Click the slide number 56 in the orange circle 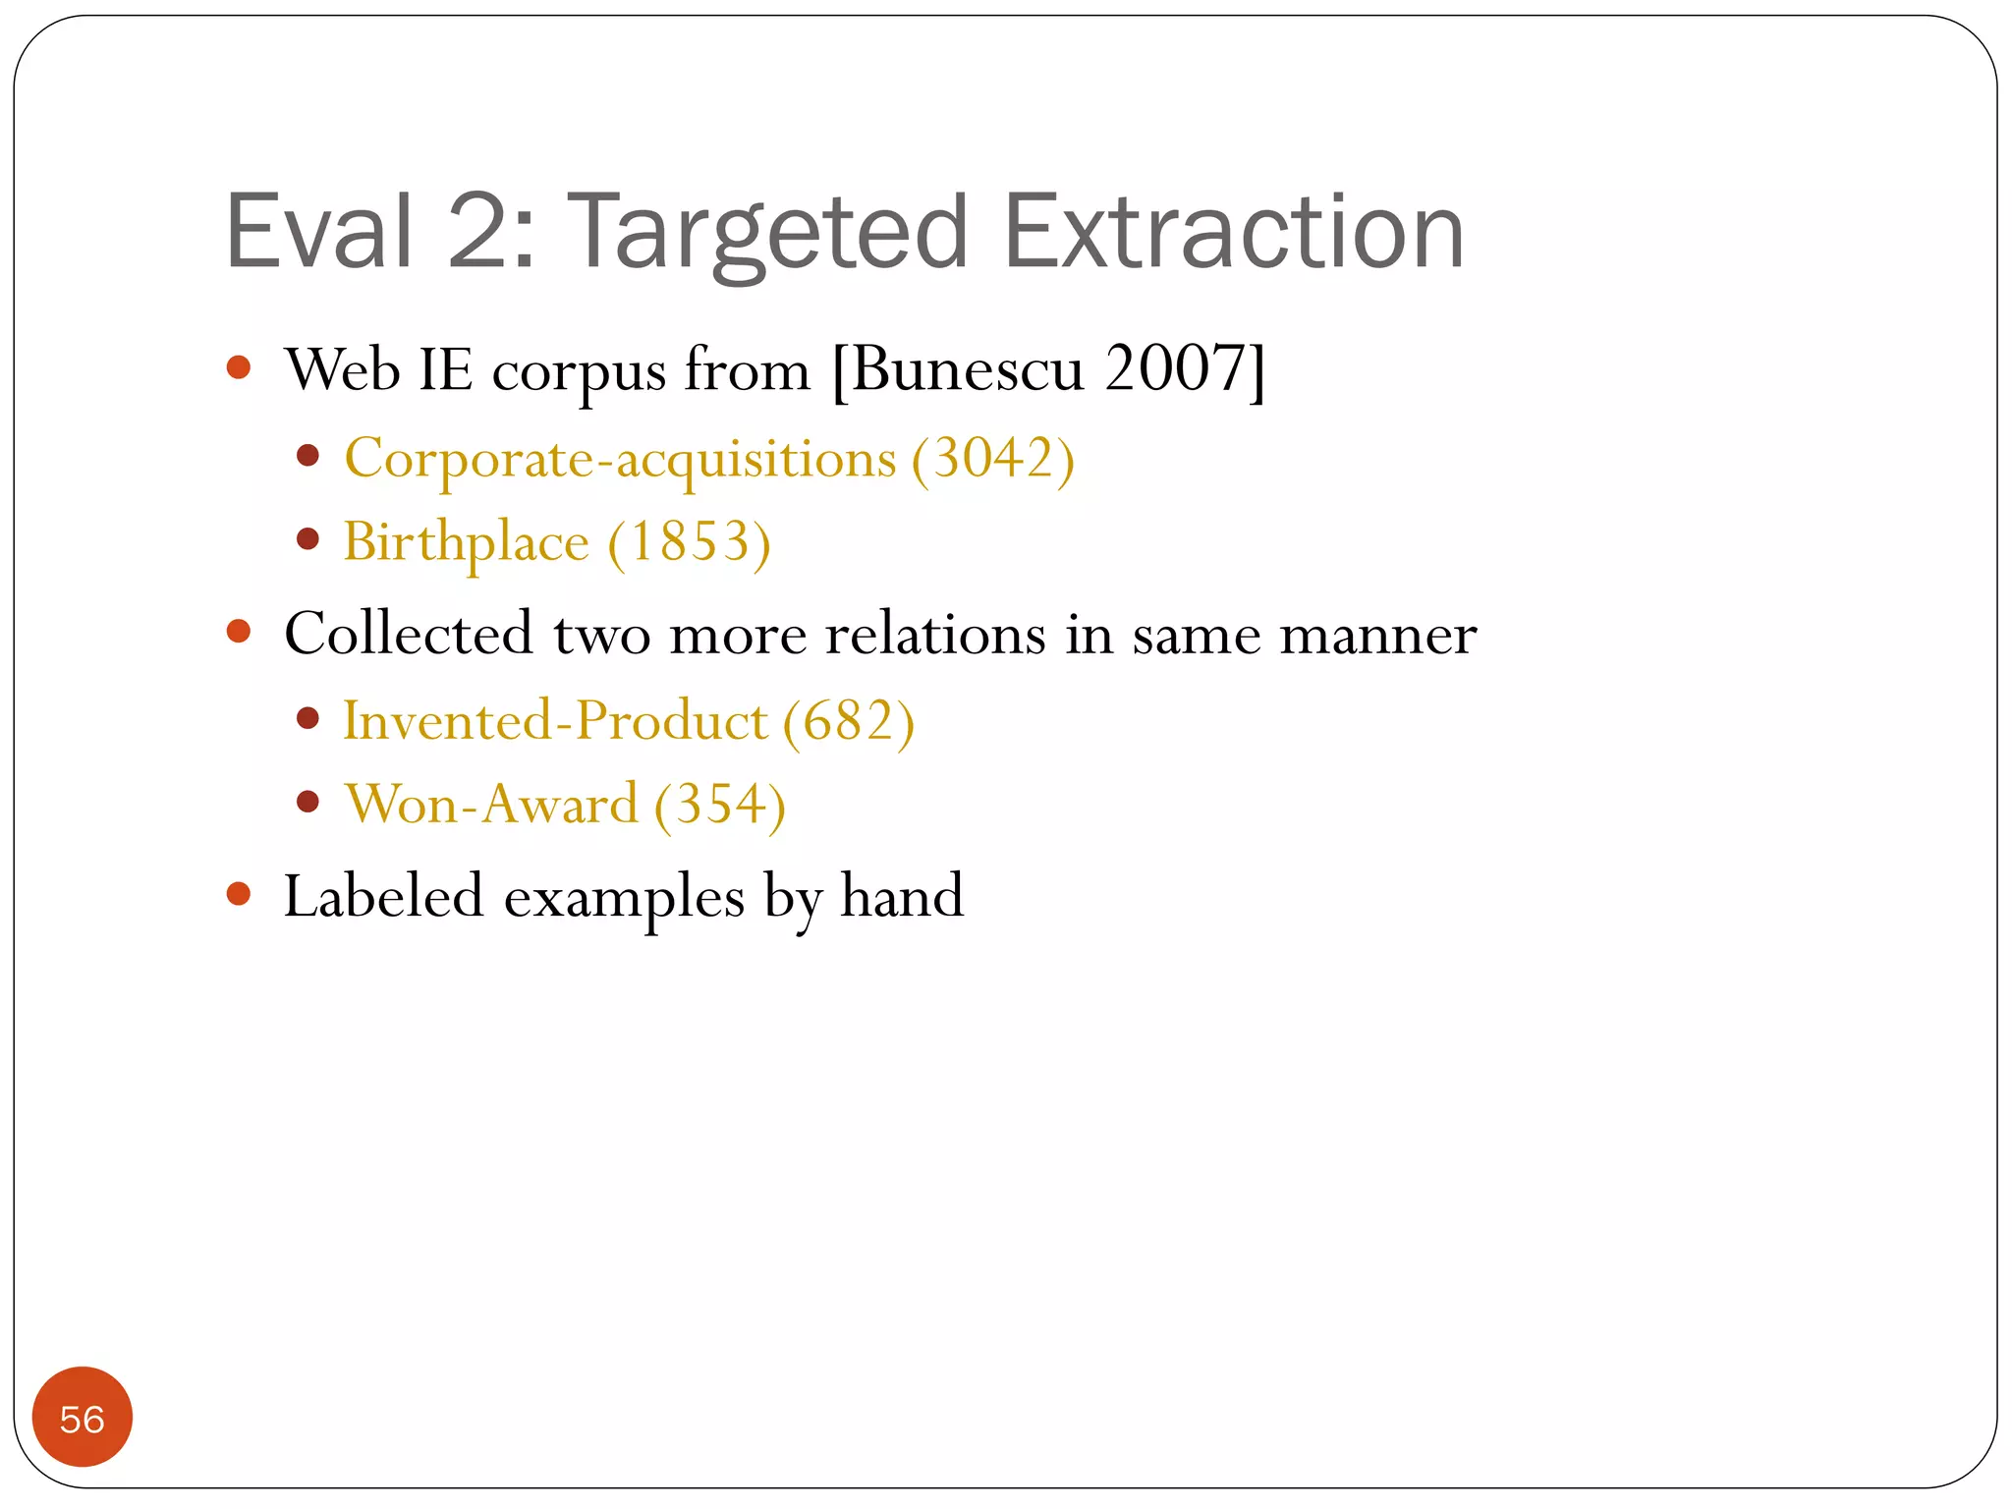click(x=82, y=1420)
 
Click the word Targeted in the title click(x=768, y=234)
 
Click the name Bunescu click(x=967, y=369)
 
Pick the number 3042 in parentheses click(x=993, y=458)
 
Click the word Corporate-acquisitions click(x=620, y=460)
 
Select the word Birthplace click(x=466, y=542)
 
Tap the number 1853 click(x=689, y=542)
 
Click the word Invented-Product click(x=554, y=721)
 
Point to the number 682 click(x=848, y=721)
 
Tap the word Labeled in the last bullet click(x=383, y=896)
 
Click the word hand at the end click(x=902, y=896)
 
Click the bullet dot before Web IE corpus click(x=239, y=368)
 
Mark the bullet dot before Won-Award click(x=308, y=802)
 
